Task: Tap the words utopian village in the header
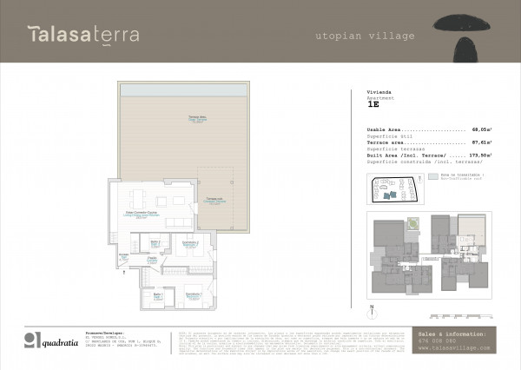[365, 36]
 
